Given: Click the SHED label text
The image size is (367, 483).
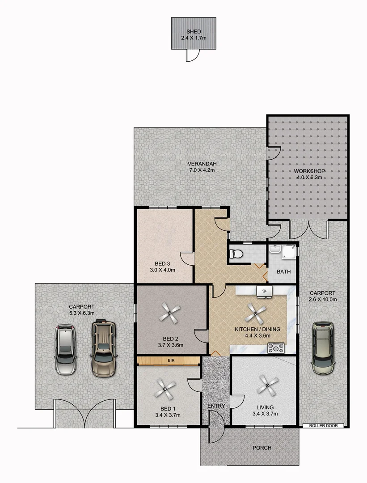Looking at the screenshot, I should [x=194, y=31].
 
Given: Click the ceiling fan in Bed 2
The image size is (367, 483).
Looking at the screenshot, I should [x=170, y=312].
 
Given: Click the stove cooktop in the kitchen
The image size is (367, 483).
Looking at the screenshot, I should [x=275, y=347].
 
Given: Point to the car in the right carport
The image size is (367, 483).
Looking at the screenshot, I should [x=323, y=347].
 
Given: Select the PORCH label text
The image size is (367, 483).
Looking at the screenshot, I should [x=262, y=448].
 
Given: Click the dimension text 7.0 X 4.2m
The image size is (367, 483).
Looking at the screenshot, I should [x=202, y=170].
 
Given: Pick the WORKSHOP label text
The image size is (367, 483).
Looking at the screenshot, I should [x=309, y=171].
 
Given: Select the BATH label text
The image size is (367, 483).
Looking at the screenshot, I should [x=283, y=271].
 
